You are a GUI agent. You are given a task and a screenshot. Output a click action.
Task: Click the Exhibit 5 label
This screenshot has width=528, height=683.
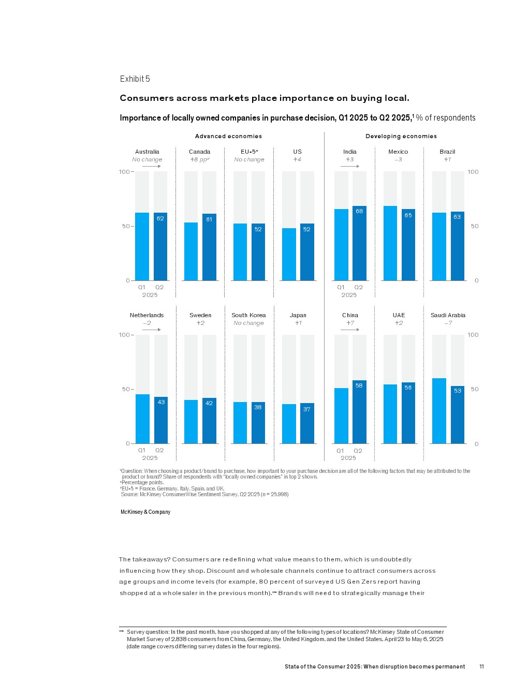pyautogui.click(x=135, y=79)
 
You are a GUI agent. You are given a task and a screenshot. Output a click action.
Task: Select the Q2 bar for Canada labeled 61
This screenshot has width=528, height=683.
pyautogui.click(x=209, y=247)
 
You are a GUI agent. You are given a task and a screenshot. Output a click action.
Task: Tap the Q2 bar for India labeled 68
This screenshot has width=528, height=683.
pyautogui.click(x=359, y=243)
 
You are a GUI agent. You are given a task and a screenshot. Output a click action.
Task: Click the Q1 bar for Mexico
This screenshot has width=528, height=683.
pyautogui.click(x=390, y=243)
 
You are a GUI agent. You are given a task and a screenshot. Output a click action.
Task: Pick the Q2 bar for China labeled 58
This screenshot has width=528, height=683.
pyautogui.click(x=359, y=412)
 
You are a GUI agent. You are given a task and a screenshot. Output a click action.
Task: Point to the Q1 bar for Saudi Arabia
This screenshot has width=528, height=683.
pyautogui.click(x=439, y=411)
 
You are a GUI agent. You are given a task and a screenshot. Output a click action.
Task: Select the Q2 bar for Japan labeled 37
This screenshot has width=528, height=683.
pyautogui.click(x=307, y=423)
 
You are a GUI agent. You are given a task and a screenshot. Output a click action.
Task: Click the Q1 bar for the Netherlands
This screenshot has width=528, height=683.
pyautogui.click(x=142, y=419)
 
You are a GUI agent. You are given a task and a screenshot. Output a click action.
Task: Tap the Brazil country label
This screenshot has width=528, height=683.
pyautogui.click(x=447, y=152)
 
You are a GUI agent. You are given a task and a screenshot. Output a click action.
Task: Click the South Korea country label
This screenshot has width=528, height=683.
pyautogui.click(x=248, y=315)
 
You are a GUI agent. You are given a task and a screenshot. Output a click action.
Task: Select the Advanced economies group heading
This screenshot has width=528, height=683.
pyautogui.click(x=228, y=136)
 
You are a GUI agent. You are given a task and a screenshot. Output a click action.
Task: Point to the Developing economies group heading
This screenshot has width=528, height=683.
pyautogui.click(x=401, y=136)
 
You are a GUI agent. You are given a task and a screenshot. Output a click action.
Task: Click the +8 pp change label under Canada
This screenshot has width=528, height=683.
pyautogui.click(x=199, y=159)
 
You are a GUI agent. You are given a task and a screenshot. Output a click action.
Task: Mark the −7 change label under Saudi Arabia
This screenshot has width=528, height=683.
pyautogui.click(x=448, y=323)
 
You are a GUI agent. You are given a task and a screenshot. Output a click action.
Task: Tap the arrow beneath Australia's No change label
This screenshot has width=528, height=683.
pyautogui.click(x=151, y=166)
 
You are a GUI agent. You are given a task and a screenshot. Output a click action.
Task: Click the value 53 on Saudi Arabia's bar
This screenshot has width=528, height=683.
pyautogui.click(x=458, y=391)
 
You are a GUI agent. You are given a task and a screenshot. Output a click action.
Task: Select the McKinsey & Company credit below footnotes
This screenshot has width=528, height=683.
pyautogui.click(x=145, y=512)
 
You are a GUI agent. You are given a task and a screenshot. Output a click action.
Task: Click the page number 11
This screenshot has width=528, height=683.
pyautogui.click(x=481, y=666)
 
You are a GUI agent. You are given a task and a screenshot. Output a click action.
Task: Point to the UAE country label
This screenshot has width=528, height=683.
pyautogui.click(x=399, y=315)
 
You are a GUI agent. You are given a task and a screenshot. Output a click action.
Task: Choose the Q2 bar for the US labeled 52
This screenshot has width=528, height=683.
pyautogui.click(x=307, y=252)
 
